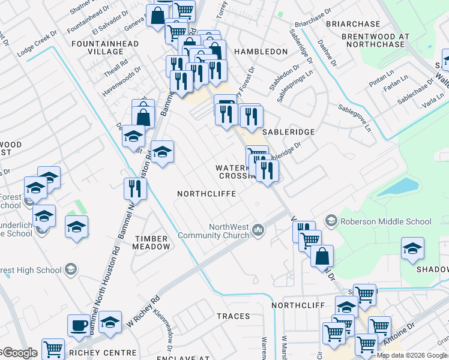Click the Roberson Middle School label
coord(385,221)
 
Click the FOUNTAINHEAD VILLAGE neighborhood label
coord(105,48)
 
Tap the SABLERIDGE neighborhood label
coord(288,131)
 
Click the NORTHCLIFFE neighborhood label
coord(206,194)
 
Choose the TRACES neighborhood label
coord(233,316)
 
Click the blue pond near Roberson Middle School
coord(395,188)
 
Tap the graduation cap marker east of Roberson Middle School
coord(412,248)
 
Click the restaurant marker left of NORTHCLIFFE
coord(134,188)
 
